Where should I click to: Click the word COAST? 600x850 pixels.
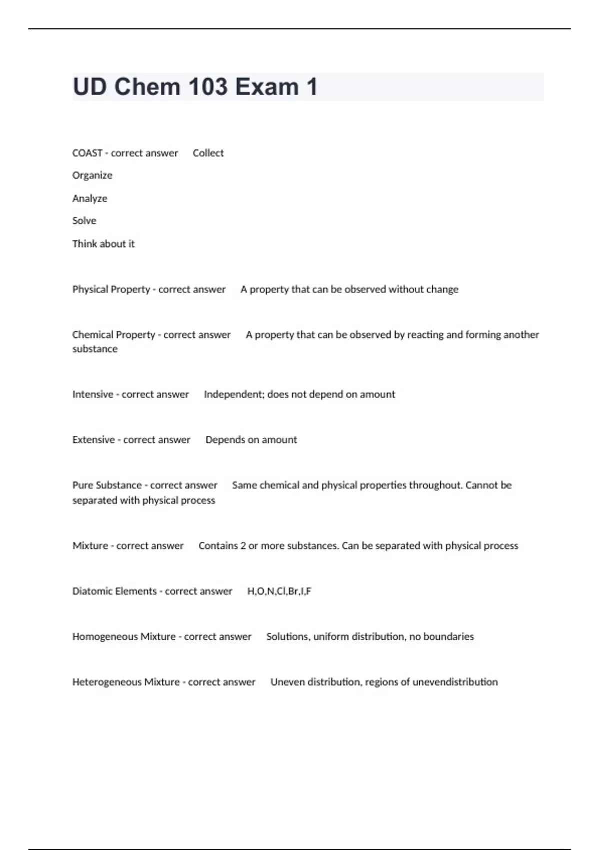(87, 153)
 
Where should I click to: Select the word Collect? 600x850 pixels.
(208, 153)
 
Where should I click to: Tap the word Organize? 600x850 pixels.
(92, 176)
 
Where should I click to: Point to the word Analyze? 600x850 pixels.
(90, 199)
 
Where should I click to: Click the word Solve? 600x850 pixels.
(84, 221)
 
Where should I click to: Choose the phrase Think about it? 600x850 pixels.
(103, 244)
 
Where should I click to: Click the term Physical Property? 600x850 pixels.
(111, 290)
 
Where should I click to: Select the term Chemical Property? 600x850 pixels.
(114, 335)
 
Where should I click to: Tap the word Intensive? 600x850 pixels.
(93, 395)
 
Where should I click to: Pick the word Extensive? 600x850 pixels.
(93, 440)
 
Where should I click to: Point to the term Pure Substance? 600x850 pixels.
(107, 485)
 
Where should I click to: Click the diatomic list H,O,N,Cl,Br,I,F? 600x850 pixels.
(279, 591)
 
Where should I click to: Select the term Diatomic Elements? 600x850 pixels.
(115, 591)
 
